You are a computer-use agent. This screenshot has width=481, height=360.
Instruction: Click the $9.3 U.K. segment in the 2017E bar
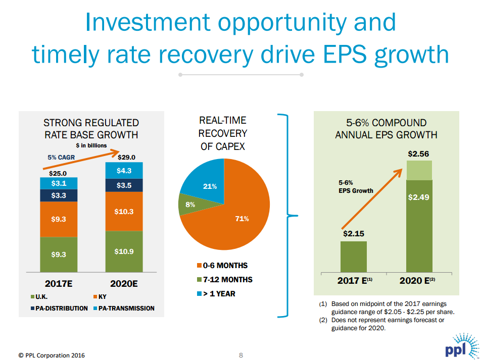tap(59, 254)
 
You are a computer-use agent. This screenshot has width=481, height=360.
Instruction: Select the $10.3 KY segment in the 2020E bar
tap(124, 212)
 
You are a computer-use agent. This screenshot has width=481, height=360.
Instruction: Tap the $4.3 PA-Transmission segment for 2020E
tap(124, 171)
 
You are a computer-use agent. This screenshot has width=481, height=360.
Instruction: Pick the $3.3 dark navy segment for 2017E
tap(59, 195)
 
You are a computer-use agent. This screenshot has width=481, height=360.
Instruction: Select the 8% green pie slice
tap(189, 205)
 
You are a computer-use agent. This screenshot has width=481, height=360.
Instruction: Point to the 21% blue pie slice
tap(205, 182)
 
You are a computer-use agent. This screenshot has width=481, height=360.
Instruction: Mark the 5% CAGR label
tap(61, 158)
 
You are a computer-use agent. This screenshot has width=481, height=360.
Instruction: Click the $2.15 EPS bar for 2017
tap(353, 256)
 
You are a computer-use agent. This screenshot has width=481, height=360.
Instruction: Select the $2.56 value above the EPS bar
tap(418, 153)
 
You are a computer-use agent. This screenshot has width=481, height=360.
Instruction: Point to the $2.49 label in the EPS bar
tap(418, 197)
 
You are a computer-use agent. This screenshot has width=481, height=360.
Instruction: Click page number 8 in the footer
tap(240, 354)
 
